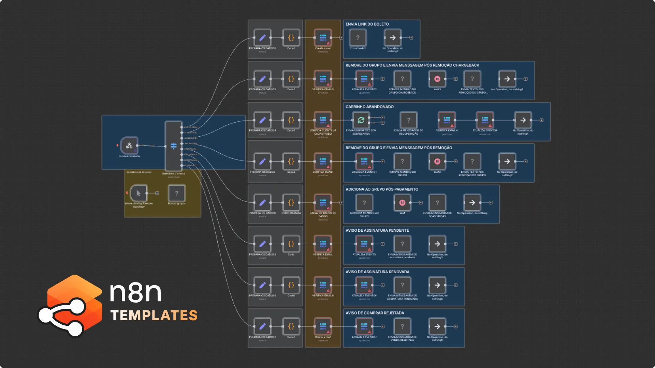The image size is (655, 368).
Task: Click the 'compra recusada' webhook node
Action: coord(129,145)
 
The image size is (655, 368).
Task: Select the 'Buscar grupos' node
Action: coord(176,193)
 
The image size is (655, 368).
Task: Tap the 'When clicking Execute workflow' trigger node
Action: coord(139,193)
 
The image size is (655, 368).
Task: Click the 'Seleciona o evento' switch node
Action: coord(174,146)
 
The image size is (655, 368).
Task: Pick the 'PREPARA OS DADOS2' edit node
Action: coord(262,38)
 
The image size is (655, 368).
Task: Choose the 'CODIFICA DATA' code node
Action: coord(291,203)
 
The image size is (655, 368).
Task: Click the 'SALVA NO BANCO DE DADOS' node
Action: coord(323,203)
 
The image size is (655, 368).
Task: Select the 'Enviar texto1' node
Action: coord(358,38)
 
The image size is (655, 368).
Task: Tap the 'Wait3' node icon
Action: coord(437,79)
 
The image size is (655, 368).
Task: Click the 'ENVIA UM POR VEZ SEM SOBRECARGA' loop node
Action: coord(361,120)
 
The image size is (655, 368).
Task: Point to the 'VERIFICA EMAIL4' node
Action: coord(447,120)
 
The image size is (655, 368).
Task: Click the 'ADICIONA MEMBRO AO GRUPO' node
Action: coord(364,203)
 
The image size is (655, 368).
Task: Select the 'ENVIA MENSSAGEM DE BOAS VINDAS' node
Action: coord(437,203)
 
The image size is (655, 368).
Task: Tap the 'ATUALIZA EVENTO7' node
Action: coord(364,326)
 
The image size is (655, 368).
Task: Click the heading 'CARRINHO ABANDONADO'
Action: coord(369,107)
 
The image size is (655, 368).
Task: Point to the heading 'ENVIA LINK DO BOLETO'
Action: coord(367,24)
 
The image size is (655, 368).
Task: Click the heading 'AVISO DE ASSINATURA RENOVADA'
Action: coord(377,272)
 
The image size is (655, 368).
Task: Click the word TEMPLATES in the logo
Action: coord(154,316)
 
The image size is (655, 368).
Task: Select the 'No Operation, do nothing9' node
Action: coord(437,326)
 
